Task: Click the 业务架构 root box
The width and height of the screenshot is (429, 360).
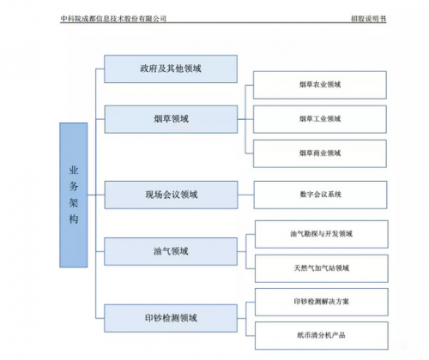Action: click(x=74, y=195)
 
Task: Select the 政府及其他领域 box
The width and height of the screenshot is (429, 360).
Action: click(x=171, y=69)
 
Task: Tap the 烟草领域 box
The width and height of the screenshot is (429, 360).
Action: click(x=171, y=119)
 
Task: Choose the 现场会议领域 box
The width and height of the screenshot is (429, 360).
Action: click(x=171, y=195)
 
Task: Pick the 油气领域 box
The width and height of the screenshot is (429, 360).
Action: click(x=171, y=251)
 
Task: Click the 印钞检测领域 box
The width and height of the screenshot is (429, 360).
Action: click(x=171, y=318)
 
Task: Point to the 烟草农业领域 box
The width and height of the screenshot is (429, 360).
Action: click(x=320, y=85)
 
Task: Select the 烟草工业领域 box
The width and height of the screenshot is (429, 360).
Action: click(x=320, y=119)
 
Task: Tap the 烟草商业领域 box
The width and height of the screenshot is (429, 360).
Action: click(x=320, y=153)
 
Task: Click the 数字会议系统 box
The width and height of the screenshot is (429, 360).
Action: click(x=320, y=195)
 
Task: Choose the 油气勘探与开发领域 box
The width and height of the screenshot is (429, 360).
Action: click(x=322, y=234)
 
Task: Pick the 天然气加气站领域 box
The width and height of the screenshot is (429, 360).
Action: click(x=322, y=268)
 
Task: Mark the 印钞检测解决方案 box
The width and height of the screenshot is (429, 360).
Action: click(x=322, y=302)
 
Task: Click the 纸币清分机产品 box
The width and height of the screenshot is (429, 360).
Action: click(x=322, y=335)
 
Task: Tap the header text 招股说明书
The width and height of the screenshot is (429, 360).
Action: click(x=369, y=19)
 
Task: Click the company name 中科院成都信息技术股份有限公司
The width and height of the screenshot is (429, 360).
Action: click(x=113, y=19)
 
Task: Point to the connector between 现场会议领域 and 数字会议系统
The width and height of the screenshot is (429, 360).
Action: click(x=245, y=195)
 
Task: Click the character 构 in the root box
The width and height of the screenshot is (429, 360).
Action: click(x=74, y=219)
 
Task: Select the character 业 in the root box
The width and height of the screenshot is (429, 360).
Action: click(x=74, y=170)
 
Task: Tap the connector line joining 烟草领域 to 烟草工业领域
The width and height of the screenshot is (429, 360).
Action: click(x=245, y=119)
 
